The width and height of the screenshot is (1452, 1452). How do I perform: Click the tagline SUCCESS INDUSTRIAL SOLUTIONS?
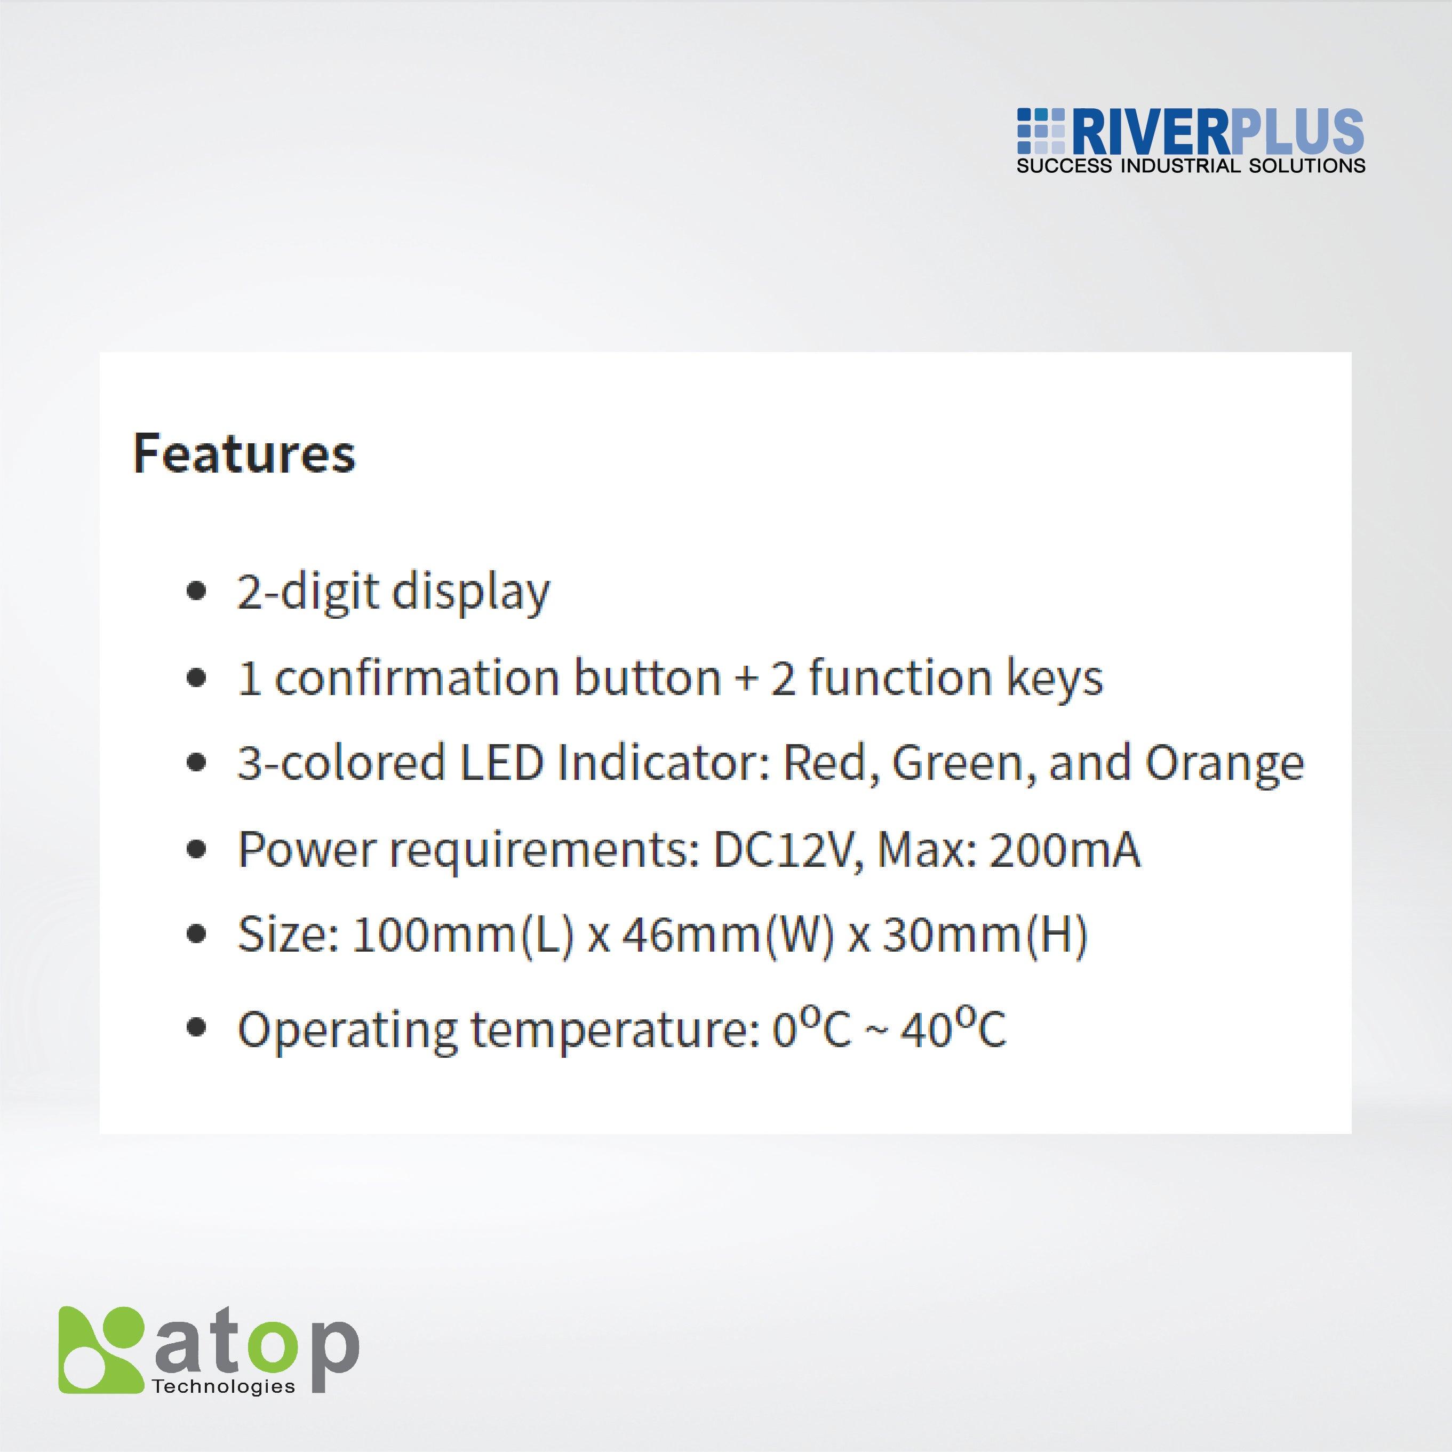tap(1191, 166)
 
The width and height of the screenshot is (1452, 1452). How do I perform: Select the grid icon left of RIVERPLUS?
tap(1041, 132)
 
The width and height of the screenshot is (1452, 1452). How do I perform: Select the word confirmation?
tap(417, 677)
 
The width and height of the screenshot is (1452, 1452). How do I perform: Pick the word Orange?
tap(1224, 763)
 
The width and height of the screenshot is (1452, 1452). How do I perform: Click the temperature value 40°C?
tap(953, 1027)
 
